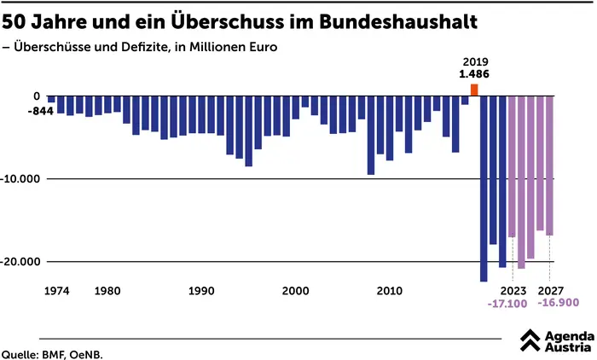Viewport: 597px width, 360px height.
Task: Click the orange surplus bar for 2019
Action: [474, 90]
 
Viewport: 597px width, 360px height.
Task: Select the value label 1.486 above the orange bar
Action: [474, 74]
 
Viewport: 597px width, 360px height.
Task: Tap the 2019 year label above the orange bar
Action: [474, 62]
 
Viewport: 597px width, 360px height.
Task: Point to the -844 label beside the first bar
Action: [40, 112]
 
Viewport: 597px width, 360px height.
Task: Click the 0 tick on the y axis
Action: [37, 96]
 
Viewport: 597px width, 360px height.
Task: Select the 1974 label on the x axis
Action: [56, 291]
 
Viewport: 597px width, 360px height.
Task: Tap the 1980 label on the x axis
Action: [107, 291]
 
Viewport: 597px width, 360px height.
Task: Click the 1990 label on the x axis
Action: [201, 291]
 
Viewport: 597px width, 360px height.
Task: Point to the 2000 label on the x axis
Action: [296, 291]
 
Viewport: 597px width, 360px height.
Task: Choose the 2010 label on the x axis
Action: [390, 291]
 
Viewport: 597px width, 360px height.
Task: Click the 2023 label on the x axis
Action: [513, 291]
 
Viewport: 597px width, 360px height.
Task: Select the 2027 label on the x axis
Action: [550, 291]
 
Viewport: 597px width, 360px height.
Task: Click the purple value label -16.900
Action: [559, 304]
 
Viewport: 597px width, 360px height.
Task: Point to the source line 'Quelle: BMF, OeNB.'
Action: [57, 352]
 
